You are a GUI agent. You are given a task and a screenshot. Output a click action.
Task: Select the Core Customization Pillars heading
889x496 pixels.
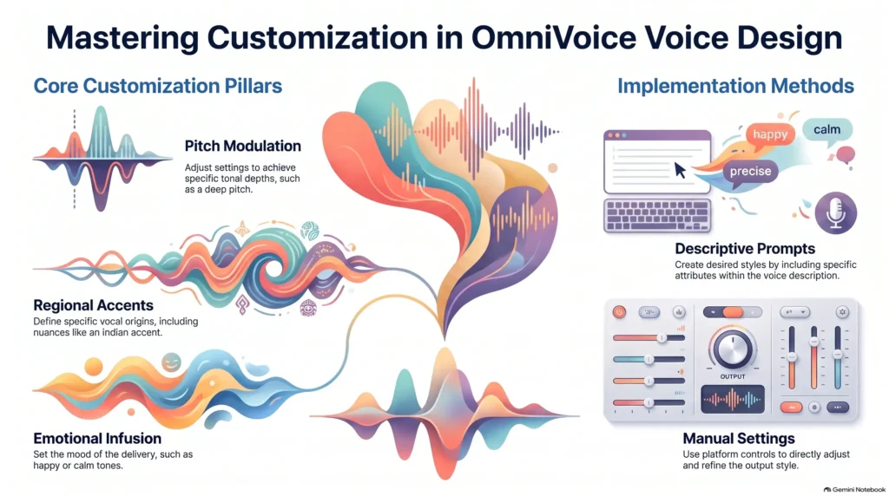[x=158, y=86]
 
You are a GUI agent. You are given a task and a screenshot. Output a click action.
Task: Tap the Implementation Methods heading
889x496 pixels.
[x=735, y=86]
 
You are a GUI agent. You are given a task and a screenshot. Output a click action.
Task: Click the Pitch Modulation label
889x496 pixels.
[x=243, y=146]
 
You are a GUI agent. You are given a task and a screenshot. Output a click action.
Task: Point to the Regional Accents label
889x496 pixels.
[x=93, y=306]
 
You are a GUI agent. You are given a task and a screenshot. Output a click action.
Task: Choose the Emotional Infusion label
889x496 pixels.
[x=97, y=438]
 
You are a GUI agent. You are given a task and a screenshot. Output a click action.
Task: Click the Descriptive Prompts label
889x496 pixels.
[x=745, y=249]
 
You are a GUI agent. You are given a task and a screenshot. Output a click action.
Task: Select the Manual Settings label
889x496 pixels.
[x=739, y=438]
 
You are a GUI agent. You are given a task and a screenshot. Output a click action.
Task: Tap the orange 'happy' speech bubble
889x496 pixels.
[x=770, y=134]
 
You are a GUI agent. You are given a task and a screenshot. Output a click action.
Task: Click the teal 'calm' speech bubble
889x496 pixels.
[x=827, y=130]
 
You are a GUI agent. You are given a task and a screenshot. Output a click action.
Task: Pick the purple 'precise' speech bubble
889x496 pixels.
[x=750, y=172]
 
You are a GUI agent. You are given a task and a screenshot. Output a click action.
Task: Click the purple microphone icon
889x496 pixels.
[x=836, y=213]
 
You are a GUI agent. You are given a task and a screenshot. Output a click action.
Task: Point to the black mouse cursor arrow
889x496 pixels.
[x=680, y=170]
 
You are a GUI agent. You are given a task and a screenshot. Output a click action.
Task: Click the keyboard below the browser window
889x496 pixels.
[x=657, y=215]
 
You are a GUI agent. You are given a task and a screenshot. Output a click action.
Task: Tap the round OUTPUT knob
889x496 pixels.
[x=733, y=349]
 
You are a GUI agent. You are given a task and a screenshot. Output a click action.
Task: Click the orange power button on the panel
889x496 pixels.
[x=619, y=312]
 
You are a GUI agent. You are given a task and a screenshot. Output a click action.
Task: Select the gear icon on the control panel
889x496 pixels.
[x=842, y=312]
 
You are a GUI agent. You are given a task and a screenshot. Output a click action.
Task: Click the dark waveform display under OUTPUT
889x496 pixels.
[x=733, y=399]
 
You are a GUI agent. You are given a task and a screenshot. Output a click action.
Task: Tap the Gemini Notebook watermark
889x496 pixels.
[x=854, y=490]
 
